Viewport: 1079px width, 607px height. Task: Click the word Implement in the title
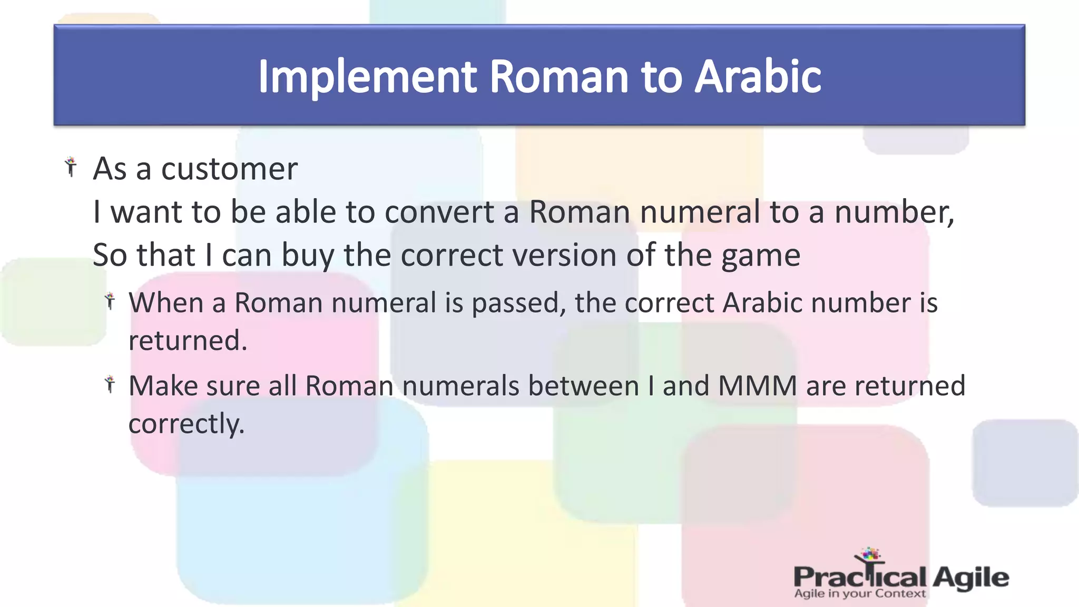[x=367, y=77]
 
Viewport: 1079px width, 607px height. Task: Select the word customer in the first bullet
[x=229, y=169]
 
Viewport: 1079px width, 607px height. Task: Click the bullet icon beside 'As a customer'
[x=71, y=167]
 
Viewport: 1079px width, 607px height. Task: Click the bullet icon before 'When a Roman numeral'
[x=110, y=301]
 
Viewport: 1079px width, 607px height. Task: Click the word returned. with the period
[x=188, y=341]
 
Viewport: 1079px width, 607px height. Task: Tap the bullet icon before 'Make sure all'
[x=110, y=384]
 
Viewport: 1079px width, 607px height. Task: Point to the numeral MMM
[x=757, y=386]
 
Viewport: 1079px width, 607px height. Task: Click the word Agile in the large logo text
[x=970, y=577]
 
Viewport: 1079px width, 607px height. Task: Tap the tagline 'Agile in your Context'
[x=859, y=594]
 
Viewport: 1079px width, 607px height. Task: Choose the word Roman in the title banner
[x=560, y=77]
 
